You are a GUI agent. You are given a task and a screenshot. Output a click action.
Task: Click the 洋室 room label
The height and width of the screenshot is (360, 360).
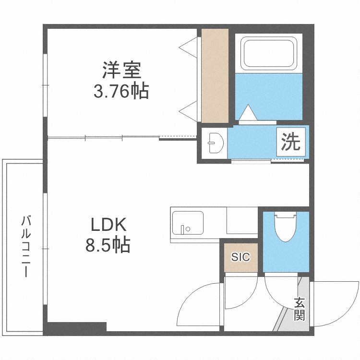point(121,71)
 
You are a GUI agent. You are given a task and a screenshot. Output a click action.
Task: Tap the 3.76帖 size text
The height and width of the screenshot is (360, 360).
point(120,91)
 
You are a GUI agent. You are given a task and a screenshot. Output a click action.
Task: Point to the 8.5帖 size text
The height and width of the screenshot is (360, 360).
point(108,246)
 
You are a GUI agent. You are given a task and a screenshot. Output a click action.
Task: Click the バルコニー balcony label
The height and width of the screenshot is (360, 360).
point(26,247)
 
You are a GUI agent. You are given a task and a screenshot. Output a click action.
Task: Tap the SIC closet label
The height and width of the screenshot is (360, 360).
point(240,257)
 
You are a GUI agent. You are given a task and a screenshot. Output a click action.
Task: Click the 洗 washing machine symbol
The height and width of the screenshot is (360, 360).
point(290,142)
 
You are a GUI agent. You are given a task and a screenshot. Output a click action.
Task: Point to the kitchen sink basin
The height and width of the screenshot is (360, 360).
point(187,223)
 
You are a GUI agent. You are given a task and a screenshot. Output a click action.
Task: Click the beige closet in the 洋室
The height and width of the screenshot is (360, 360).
point(214,76)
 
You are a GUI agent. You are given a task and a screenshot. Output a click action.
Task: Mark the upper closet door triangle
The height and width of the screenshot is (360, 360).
point(190,48)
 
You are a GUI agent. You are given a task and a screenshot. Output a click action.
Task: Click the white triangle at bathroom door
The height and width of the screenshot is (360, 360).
point(248,114)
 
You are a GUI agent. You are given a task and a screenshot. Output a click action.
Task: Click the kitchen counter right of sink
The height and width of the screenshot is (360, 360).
point(242,221)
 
